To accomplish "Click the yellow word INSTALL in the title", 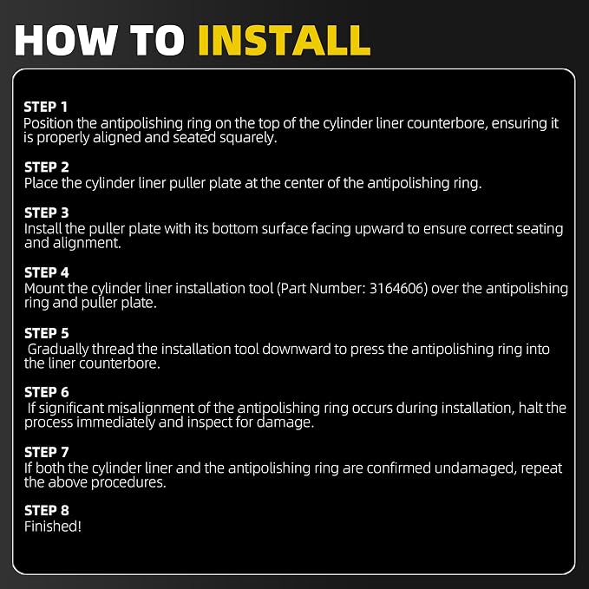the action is tap(285, 41).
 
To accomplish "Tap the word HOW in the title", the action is tap(66, 41).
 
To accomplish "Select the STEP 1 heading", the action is tap(46, 107).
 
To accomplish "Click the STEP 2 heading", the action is tap(47, 167).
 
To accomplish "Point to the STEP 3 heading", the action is tap(47, 213).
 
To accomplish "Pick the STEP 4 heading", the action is tap(47, 272).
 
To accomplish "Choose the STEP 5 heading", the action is tap(47, 334).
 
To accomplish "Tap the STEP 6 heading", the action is tap(47, 393).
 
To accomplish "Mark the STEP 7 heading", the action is tap(47, 452).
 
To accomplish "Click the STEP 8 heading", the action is tap(47, 510).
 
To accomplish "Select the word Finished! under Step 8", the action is tap(53, 527).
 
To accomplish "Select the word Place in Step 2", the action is tap(41, 183).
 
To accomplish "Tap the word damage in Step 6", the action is tap(285, 422).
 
